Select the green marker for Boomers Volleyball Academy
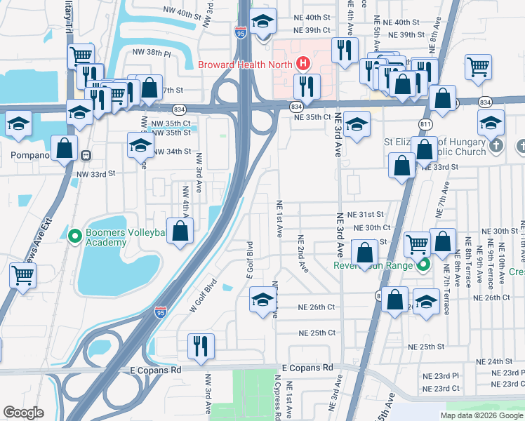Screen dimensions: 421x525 click(x=76, y=236)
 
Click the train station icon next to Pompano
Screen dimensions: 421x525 click(x=85, y=155)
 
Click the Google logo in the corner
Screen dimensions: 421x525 click(x=23, y=412)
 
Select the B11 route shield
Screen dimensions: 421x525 click(x=425, y=124)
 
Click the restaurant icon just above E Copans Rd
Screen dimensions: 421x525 click(x=201, y=345)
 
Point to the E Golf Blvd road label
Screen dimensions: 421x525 click(x=249, y=260)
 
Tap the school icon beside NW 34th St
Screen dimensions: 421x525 click(x=140, y=145)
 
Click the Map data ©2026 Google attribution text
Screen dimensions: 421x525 click(x=481, y=415)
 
